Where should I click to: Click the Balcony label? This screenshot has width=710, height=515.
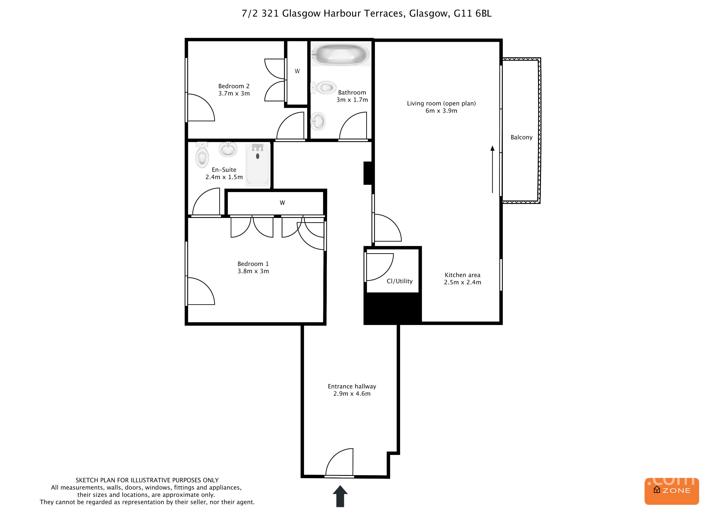tap(521, 137)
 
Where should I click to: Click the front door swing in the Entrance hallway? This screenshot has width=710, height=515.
tap(340, 463)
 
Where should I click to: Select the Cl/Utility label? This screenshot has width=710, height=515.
tap(399, 281)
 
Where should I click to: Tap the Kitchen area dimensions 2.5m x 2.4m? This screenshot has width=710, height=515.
tap(462, 282)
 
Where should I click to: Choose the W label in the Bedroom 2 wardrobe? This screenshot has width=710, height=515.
tap(297, 71)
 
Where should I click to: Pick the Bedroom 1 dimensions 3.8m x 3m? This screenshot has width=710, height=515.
tap(253, 271)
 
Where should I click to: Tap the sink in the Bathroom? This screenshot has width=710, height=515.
tap(318, 121)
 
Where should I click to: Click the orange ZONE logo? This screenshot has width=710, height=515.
tap(672, 491)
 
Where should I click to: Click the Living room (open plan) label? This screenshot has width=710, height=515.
tap(441, 103)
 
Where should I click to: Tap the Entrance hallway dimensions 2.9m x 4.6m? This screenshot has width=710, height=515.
tap(352, 394)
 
